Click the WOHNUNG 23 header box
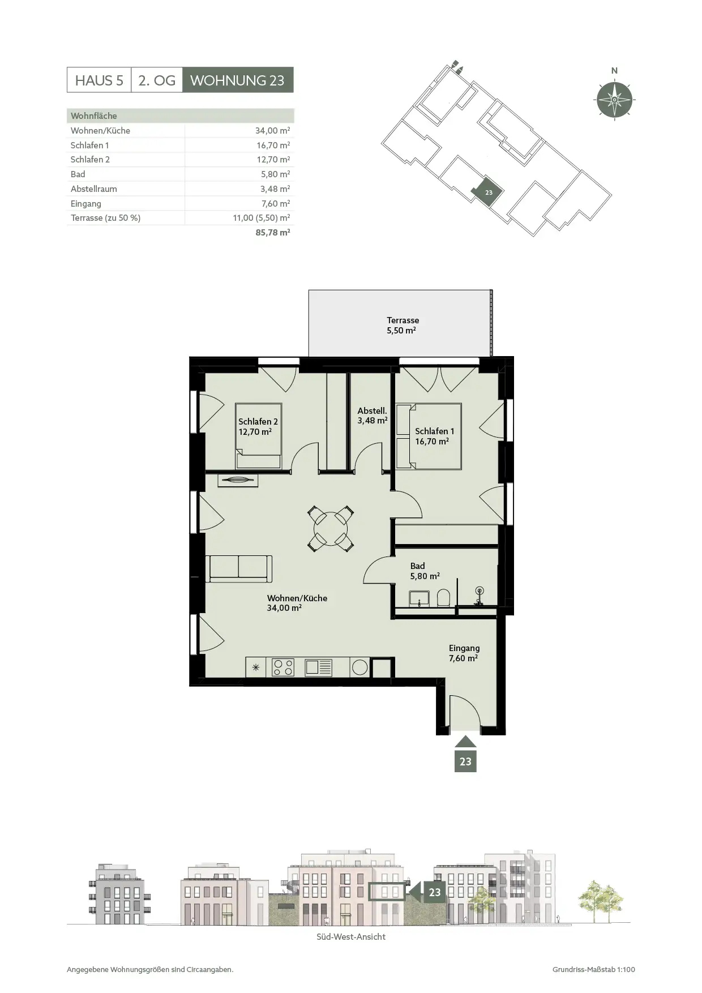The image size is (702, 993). pyautogui.click(x=238, y=80)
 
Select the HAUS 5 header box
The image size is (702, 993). pyautogui.click(x=99, y=80)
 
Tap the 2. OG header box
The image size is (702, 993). pyautogui.click(x=157, y=80)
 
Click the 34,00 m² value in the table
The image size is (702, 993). pyautogui.click(x=272, y=130)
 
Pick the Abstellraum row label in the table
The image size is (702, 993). pyautogui.click(x=94, y=189)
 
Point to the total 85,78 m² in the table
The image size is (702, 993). pyautogui.click(x=273, y=232)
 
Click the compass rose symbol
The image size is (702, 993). pyautogui.click(x=614, y=100)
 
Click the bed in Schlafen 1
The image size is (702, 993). pyautogui.click(x=429, y=436)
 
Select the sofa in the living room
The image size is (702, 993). pyautogui.click(x=238, y=569)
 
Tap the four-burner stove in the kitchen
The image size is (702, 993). pyautogui.click(x=283, y=667)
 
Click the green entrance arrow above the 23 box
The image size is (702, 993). pyautogui.click(x=465, y=742)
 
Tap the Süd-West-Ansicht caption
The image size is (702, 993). pyautogui.click(x=351, y=936)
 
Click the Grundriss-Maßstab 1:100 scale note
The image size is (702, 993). pyautogui.click(x=594, y=969)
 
